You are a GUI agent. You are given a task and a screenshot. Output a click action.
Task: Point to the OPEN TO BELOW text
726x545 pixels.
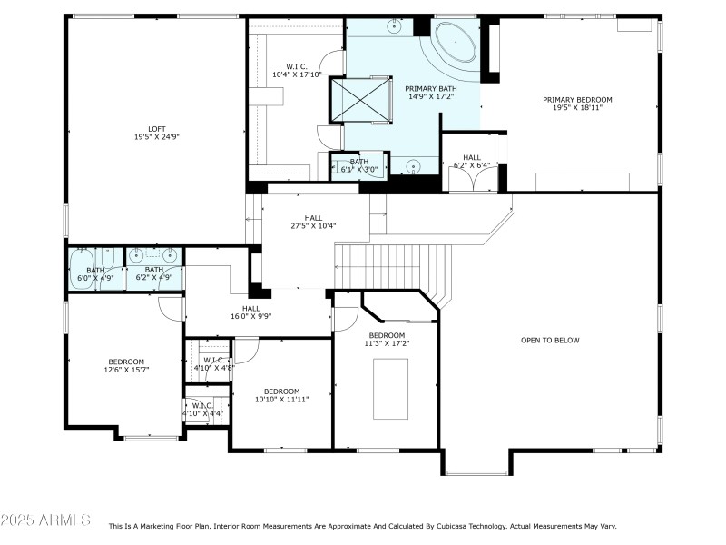coord(550,341)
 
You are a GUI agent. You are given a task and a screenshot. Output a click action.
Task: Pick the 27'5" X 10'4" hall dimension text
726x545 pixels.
coord(313,226)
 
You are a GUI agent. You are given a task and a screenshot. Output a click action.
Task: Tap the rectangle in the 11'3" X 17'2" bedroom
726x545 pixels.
coord(390,389)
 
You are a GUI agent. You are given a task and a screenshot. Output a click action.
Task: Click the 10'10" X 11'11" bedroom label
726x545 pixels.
coord(281,395)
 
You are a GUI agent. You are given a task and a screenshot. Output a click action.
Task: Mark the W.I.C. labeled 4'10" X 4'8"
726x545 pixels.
coord(214,364)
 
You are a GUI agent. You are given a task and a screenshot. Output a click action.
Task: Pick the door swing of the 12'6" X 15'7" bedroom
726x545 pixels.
coord(171,309)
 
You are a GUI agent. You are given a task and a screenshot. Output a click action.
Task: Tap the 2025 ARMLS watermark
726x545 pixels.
coord(45,521)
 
